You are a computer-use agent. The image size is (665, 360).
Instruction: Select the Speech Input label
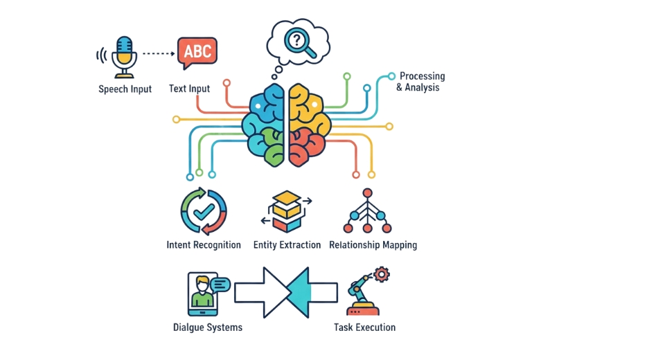(x=125, y=89)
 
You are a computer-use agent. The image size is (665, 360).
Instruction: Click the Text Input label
(x=189, y=89)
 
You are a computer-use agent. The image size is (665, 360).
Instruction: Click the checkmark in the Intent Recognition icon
(x=204, y=211)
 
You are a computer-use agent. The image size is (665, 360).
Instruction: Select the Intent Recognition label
(x=204, y=245)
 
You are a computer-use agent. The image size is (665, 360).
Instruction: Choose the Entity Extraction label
(x=287, y=245)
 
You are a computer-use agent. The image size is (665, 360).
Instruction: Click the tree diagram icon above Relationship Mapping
(x=367, y=211)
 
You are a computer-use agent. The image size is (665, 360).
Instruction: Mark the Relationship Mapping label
(x=373, y=245)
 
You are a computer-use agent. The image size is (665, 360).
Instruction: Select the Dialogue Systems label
(x=208, y=327)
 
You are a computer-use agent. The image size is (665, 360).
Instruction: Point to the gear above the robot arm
(x=381, y=275)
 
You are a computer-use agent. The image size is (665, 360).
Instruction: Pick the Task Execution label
(x=364, y=327)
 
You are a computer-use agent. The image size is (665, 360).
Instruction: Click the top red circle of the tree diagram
(x=367, y=193)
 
